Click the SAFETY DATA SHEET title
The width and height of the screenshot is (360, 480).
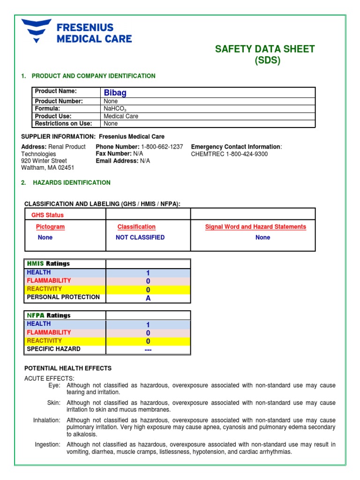(x=264, y=49)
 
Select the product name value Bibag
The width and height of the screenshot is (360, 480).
(x=115, y=93)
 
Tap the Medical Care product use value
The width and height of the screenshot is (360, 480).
(x=120, y=116)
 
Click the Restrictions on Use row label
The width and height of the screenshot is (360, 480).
(x=63, y=124)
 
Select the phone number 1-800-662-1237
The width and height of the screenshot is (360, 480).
(x=162, y=147)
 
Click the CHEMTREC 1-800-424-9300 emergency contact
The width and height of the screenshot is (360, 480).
(x=229, y=154)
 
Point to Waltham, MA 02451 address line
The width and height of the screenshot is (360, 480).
(x=47, y=167)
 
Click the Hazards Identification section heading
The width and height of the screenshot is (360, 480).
(x=71, y=182)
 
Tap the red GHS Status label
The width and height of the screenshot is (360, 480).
(x=47, y=215)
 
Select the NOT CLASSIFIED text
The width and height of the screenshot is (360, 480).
(x=140, y=238)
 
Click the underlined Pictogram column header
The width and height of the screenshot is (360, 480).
(x=50, y=227)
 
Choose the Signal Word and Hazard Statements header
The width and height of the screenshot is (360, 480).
(x=255, y=227)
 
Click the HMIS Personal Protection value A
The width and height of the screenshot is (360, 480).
(x=148, y=298)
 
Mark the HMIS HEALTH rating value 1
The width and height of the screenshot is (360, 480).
(x=148, y=273)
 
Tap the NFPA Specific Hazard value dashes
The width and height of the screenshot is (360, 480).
(x=148, y=350)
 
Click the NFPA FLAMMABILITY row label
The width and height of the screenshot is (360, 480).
(x=49, y=332)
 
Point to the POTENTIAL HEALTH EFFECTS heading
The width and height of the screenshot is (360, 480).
(x=67, y=368)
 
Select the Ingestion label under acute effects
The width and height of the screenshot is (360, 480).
(x=47, y=444)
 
